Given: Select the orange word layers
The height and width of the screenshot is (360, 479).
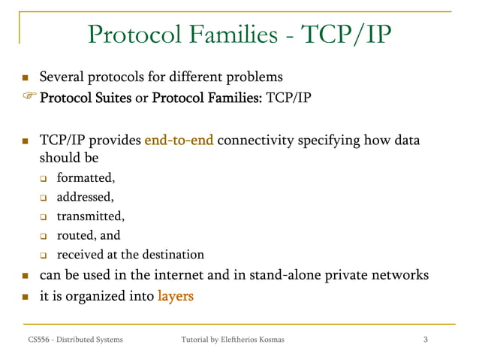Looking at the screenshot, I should pyautogui.click(x=176, y=296).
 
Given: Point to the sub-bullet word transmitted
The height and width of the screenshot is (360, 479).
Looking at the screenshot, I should pyautogui.click(x=90, y=216).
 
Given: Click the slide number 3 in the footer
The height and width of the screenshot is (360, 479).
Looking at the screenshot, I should pyautogui.click(x=426, y=340).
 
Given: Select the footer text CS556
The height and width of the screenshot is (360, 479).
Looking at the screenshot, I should pyautogui.click(x=31, y=340).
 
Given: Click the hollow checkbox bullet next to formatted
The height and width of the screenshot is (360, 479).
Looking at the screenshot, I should pyautogui.click(x=44, y=179).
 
